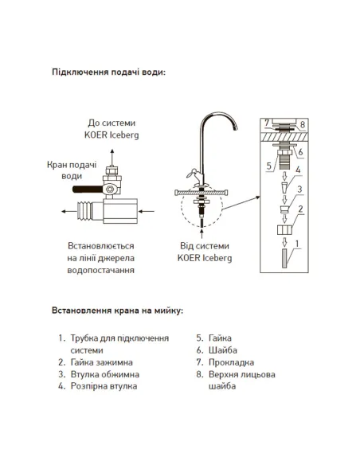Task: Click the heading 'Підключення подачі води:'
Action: click(108, 72)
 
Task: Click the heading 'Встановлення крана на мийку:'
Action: click(117, 311)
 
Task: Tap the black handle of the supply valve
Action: click(88, 189)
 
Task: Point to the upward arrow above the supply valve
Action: click(112, 157)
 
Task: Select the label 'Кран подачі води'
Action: click(72, 170)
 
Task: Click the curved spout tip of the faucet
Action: click(235, 127)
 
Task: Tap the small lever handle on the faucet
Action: click(192, 174)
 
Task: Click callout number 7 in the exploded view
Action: click(267, 123)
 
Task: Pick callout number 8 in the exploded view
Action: click(303, 124)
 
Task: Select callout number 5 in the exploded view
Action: click(269, 165)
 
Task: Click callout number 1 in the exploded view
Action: click(297, 244)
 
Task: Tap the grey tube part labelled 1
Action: click(284, 258)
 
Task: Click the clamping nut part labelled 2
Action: click(284, 230)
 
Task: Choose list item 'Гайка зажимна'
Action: click(101, 362)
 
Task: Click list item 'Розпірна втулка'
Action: click(104, 386)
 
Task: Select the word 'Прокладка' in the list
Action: click(231, 362)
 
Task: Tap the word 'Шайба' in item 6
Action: click(223, 350)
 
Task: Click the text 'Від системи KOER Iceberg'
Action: click(205, 252)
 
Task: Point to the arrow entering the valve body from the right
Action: click(147, 212)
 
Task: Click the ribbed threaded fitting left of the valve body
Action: click(84, 212)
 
